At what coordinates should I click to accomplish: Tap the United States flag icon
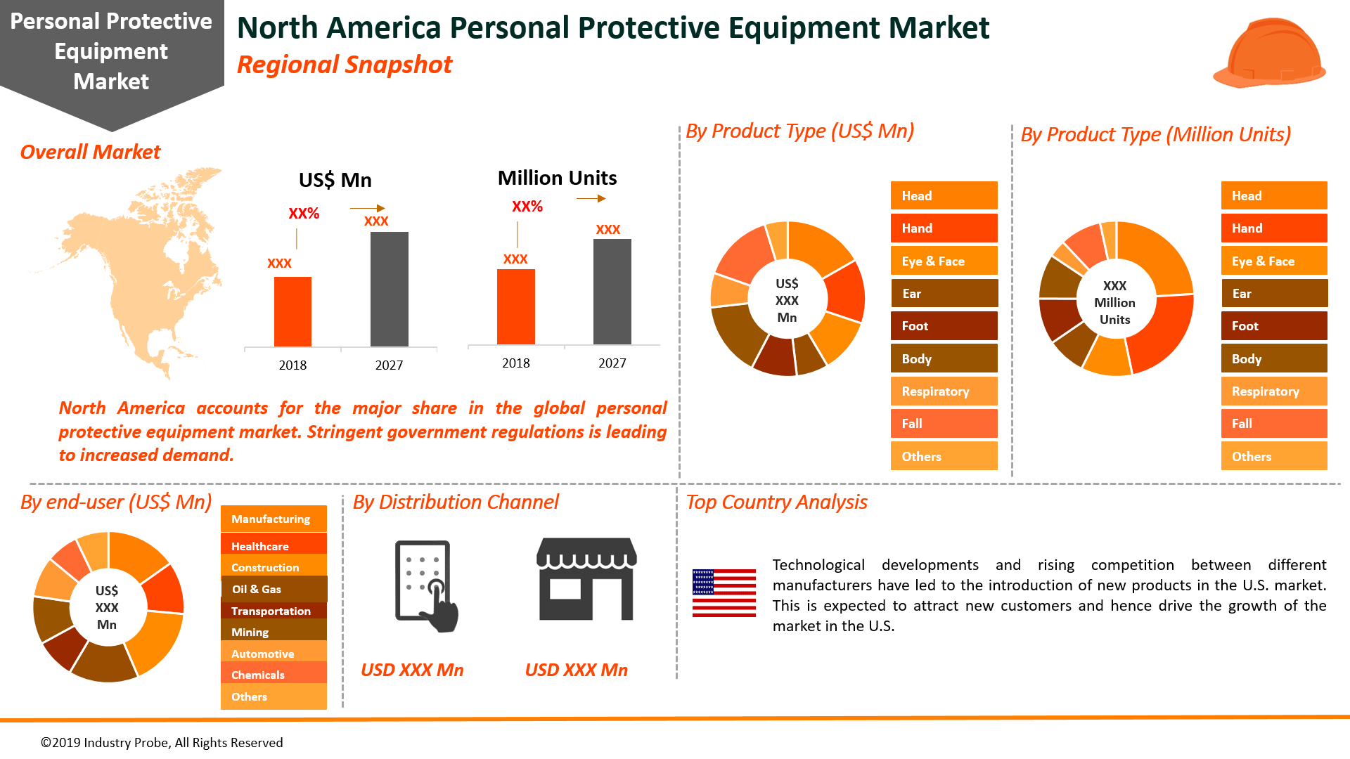(x=724, y=593)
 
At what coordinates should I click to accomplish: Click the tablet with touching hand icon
(x=425, y=585)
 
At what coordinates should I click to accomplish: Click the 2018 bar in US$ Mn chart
(x=292, y=311)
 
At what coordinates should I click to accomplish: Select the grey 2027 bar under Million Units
(x=612, y=292)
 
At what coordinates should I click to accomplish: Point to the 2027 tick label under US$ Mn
(x=389, y=365)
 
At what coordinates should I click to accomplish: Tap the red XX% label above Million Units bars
(x=527, y=207)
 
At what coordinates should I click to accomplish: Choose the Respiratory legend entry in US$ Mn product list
(x=944, y=391)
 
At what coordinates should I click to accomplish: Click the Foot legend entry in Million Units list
(x=1273, y=326)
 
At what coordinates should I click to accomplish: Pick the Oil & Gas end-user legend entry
(x=274, y=589)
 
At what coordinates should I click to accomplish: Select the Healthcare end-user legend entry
(x=274, y=546)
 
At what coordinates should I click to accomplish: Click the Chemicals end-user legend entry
(x=274, y=675)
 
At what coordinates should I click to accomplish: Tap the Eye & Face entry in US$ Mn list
(x=944, y=261)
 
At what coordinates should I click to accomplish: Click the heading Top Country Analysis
(x=776, y=502)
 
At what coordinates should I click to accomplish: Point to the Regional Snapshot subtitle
(x=345, y=65)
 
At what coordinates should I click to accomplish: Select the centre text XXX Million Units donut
(x=1114, y=303)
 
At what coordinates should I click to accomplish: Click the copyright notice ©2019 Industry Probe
(x=162, y=743)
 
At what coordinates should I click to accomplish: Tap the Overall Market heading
(x=90, y=152)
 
